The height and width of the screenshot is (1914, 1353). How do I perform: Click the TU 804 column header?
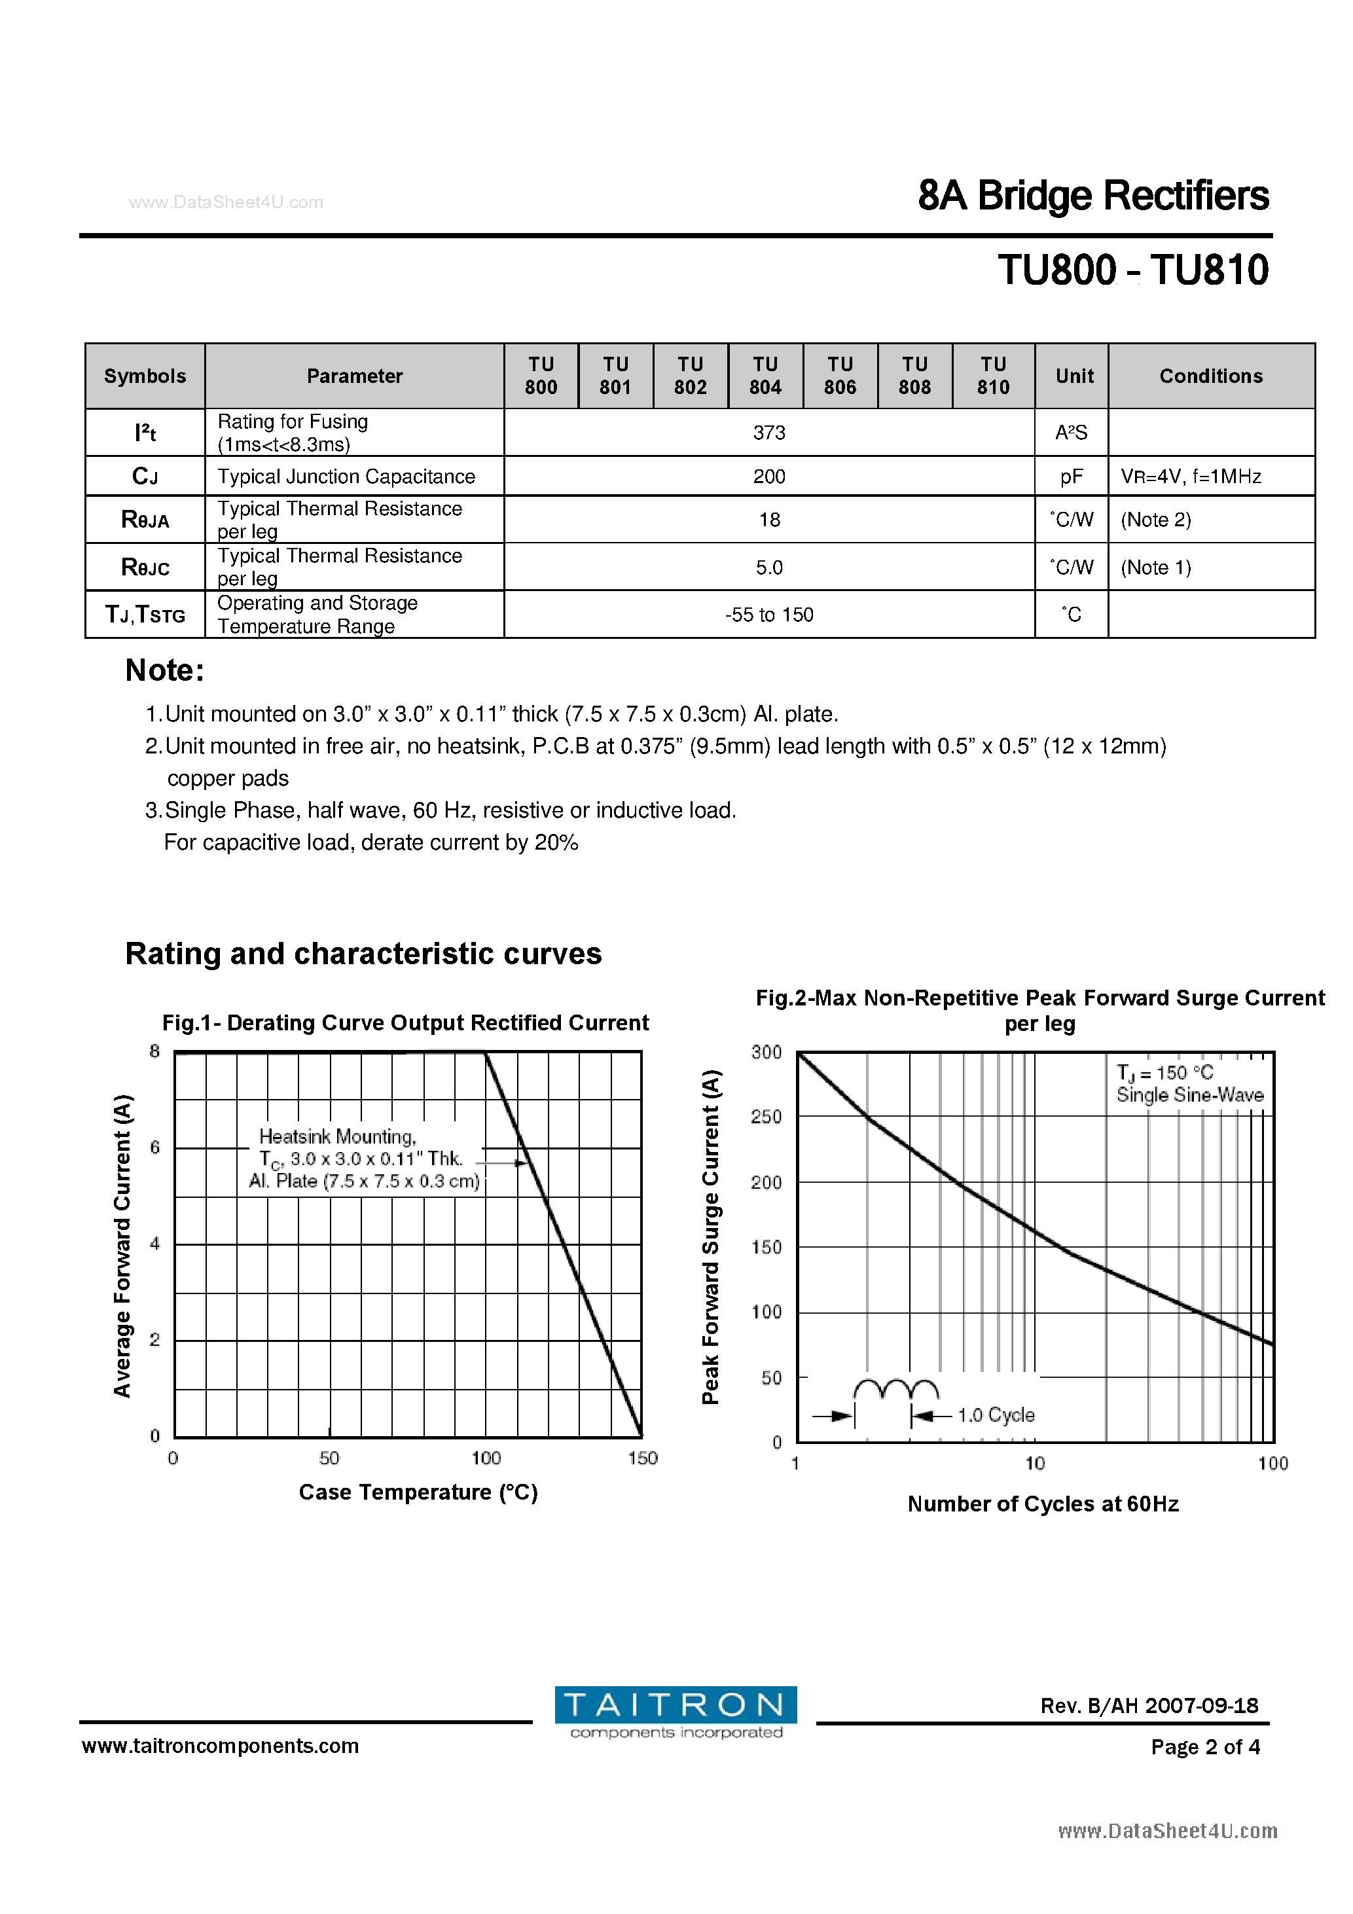click(x=765, y=375)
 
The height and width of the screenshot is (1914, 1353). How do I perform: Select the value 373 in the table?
click(x=768, y=433)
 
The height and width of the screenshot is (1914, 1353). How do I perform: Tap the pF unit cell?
click(x=1072, y=477)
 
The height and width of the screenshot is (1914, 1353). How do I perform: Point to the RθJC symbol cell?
click(x=145, y=568)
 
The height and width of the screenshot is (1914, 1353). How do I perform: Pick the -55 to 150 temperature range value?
click(x=768, y=615)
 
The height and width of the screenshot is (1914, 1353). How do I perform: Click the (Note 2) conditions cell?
click(x=1155, y=520)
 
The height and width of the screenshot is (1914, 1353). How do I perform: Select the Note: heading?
click(x=164, y=670)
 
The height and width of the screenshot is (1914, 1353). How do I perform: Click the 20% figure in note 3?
click(x=556, y=843)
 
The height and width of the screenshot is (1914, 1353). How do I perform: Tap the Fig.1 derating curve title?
click(x=405, y=1023)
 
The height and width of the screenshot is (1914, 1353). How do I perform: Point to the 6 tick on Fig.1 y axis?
click(x=155, y=1148)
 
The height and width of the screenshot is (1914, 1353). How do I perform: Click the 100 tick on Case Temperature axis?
click(x=486, y=1458)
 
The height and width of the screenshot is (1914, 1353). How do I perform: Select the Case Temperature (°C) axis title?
click(x=418, y=1492)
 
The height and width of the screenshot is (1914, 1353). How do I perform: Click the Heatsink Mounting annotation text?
click(x=338, y=1137)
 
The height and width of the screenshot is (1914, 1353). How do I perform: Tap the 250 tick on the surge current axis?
click(x=766, y=1117)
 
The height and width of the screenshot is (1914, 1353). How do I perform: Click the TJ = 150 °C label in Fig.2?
click(x=1164, y=1073)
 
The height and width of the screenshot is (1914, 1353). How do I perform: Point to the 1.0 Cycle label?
click(x=996, y=1415)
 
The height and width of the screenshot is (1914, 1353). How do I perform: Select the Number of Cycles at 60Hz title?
click(x=1042, y=1504)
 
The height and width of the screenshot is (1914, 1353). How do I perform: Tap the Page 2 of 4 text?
click(x=1204, y=1746)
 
